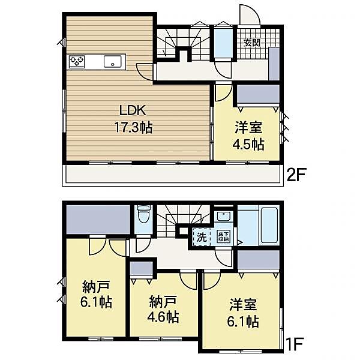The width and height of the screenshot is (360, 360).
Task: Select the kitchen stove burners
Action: [x=77, y=61]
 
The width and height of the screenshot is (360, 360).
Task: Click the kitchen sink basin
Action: [x=112, y=61]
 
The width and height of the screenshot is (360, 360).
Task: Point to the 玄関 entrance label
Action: [x=251, y=43]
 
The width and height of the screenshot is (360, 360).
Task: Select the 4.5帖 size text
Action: [x=248, y=145]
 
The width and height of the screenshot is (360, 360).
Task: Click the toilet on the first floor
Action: [x=142, y=216]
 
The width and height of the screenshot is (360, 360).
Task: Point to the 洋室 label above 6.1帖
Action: [x=242, y=304]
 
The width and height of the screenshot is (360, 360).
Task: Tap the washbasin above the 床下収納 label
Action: [x=223, y=217]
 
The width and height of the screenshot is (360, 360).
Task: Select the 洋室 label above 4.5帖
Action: [x=248, y=128]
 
